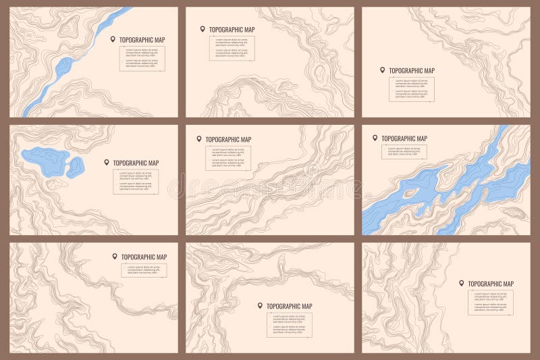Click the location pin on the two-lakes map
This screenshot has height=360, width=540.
click(x=107, y=162)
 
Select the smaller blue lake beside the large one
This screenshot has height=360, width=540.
click(x=75, y=166)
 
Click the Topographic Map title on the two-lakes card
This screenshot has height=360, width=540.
click(x=136, y=163)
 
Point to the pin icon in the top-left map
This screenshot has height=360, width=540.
click(x=113, y=39)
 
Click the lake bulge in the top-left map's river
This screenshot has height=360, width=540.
click(x=64, y=66)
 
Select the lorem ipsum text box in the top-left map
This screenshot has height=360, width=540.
click(x=142, y=59)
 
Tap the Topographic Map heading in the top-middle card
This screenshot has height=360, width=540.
click(x=232, y=30)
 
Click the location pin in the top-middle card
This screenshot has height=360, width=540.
click(x=202, y=29)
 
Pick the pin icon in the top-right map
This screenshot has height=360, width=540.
click(x=382, y=70)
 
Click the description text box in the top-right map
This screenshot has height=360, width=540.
click(x=411, y=90)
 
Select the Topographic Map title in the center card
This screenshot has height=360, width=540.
click(x=228, y=139)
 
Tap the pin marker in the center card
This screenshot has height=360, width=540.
click(x=199, y=138)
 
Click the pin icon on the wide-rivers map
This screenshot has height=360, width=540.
click(x=375, y=138)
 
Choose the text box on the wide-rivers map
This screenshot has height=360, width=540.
click(x=404, y=152)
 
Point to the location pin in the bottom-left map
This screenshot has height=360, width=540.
click(x=115, y=257)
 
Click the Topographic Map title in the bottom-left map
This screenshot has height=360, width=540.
click(x=144, y=257)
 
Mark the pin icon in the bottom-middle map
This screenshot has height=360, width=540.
click(x=260, y=305)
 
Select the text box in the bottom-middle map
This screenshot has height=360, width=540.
click(x=289, y=324)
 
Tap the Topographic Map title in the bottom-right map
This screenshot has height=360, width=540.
click(x=491, y=284)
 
